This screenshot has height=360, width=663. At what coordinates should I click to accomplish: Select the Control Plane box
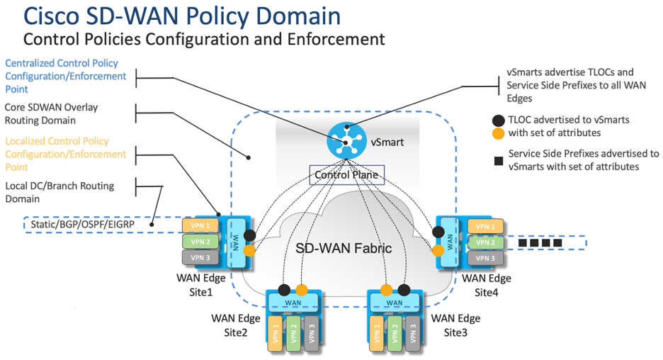click(346, 175)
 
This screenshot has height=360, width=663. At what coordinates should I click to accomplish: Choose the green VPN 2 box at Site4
click(484, 242)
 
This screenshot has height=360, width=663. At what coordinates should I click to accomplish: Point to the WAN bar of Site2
click(293, 303)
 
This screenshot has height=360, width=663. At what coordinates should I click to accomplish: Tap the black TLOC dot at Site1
click(249, 235)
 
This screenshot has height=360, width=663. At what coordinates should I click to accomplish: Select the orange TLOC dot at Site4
click(438, 250)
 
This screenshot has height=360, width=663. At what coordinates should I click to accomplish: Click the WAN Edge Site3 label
click(455, 325)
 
